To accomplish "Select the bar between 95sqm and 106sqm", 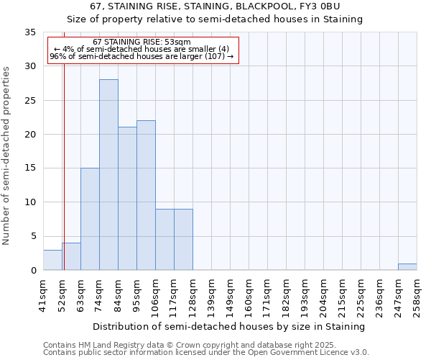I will [146, 195].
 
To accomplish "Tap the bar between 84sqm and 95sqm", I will [127, 199].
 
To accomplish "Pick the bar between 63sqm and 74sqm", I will [90, 219].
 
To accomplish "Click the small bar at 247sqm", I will [407, 267].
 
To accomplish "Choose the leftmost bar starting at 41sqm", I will [52, 260].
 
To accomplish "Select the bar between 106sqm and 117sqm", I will [164, 240].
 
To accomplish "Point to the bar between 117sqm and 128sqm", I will [183, 240].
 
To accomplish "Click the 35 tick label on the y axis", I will [30, 32].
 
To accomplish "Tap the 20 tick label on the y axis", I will [30, 135].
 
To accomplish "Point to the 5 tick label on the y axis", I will [33, 236].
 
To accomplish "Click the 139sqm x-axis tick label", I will [211, 295].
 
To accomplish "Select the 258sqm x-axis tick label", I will [417, 295].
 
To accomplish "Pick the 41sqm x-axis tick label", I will [43, 295].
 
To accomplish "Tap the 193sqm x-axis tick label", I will [305, 295].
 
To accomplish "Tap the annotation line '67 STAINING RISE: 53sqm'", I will [142, 42].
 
